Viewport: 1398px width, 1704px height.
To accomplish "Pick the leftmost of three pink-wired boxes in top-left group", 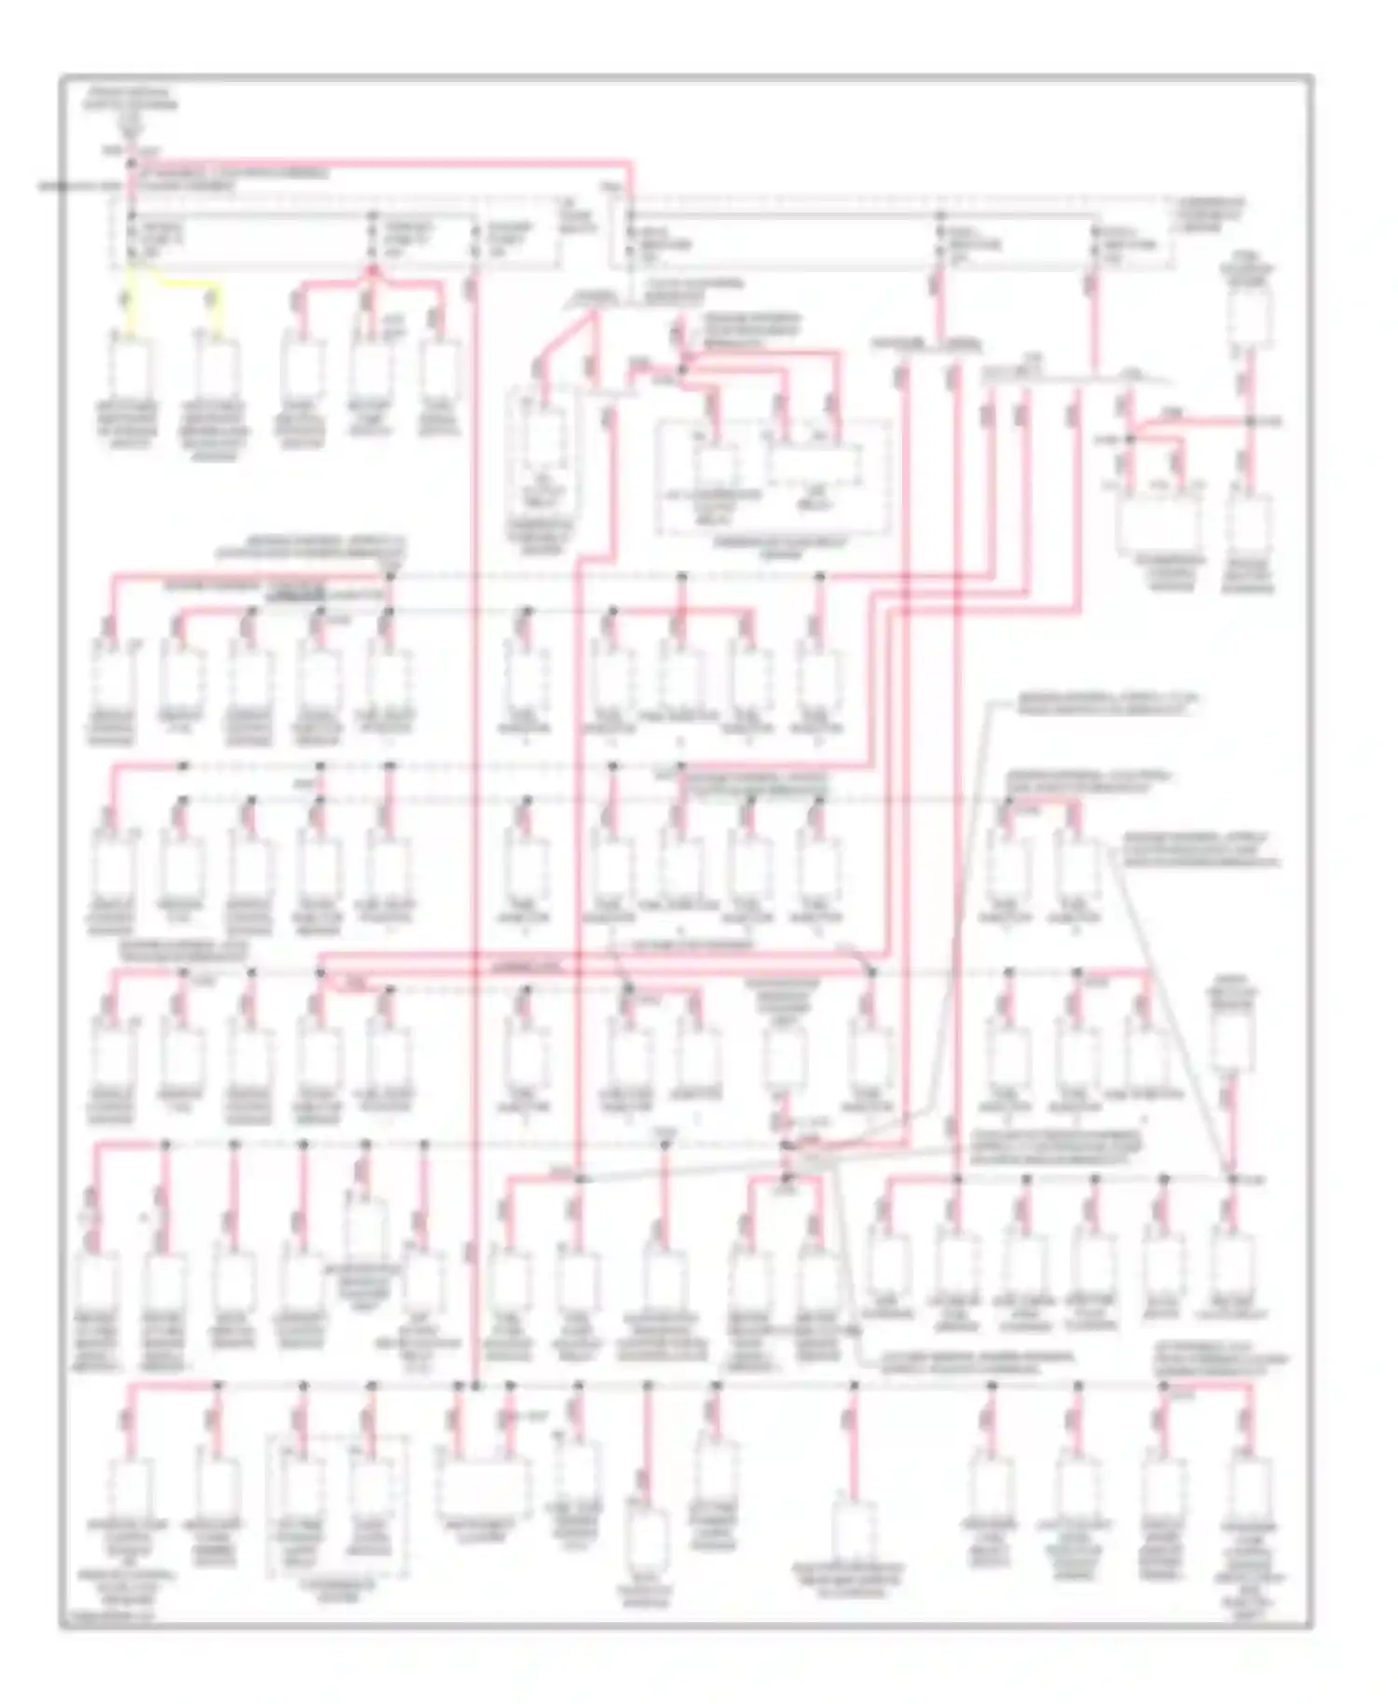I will point(301,368).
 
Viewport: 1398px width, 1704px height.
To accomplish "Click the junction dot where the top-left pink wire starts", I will point(131,165).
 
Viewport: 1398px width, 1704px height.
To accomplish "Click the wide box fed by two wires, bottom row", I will point(482,1489).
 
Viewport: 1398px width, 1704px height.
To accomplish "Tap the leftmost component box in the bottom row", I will point(130,1489).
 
